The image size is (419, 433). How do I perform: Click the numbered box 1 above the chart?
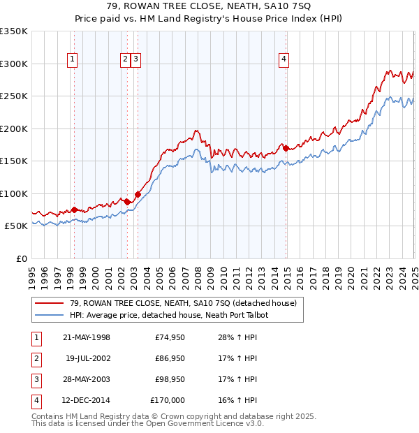coord(73,60)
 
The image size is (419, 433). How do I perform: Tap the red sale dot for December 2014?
coord(286,148)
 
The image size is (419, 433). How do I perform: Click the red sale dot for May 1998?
coord(74,210)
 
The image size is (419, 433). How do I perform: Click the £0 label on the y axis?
coord(22,258)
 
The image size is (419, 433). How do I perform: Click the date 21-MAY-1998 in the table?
coord(86,338)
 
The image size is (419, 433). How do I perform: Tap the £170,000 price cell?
coord(168,401)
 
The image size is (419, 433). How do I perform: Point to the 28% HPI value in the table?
coord(233,338)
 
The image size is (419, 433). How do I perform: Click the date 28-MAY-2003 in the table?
coord(86,380)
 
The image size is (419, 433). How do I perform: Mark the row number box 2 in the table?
coord(37,359)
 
